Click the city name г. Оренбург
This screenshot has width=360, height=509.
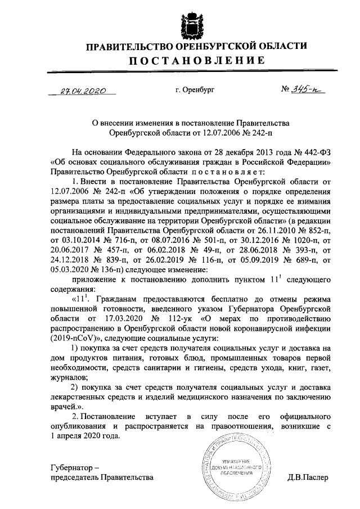click(x=195, y=89)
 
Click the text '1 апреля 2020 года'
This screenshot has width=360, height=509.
click(x=85, y=435)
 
